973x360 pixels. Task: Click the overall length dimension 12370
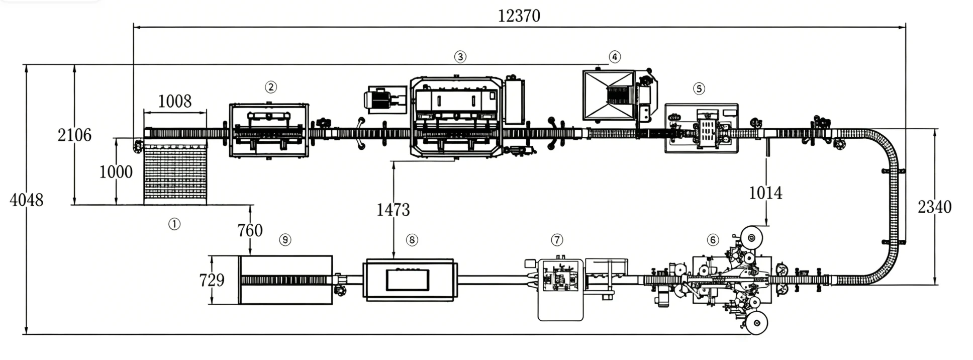tap(519, 16)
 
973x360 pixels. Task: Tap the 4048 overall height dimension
tap(27, 200)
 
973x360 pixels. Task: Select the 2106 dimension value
tap(74, 135)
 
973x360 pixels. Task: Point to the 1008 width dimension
tap(175, 102)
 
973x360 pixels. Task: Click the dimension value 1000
tap(116, 172)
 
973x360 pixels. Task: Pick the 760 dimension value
tap(250, 230)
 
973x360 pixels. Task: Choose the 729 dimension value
tap(212, 280)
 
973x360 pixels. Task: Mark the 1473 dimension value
tap(393, 210)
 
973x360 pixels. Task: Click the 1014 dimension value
tap(765, 193)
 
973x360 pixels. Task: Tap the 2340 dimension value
tap(935, 207)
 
